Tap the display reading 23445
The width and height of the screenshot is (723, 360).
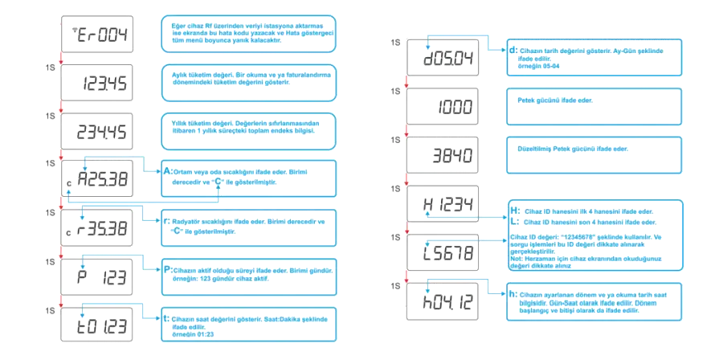pyautogui.click(x=103, y=132)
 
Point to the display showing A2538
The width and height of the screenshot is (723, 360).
pyautogui.click(x=103, y=179)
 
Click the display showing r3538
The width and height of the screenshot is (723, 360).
pyautogui.click(x=103, y=231)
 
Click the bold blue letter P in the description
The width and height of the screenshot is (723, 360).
pyautogui.click(x=166, y=270)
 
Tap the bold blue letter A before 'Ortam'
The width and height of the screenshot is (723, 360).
pyautogui.click(x=166, y=172)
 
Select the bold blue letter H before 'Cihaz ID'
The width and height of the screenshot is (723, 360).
pyautogui.click(x=514, y=211)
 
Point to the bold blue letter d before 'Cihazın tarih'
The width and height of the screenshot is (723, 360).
pyautogui.click(x=513, y=50)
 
